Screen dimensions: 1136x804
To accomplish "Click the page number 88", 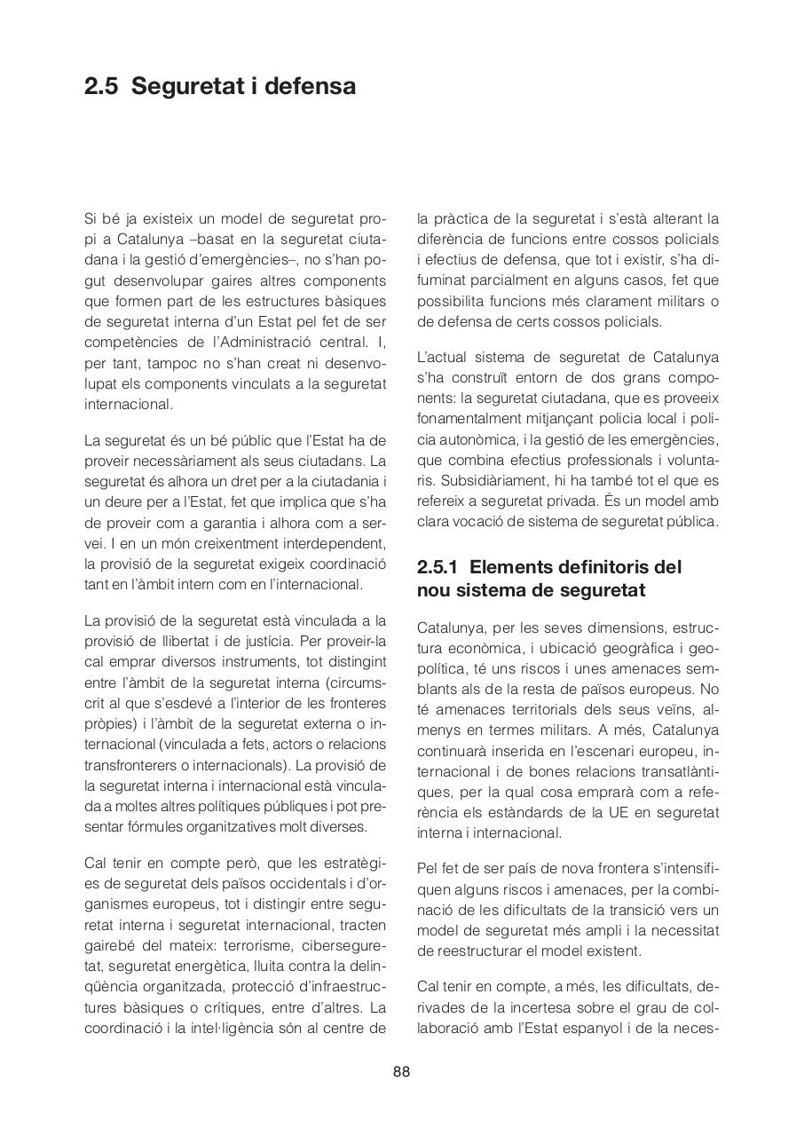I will (401, 1071).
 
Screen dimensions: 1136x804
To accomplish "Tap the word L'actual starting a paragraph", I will (441, 358).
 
